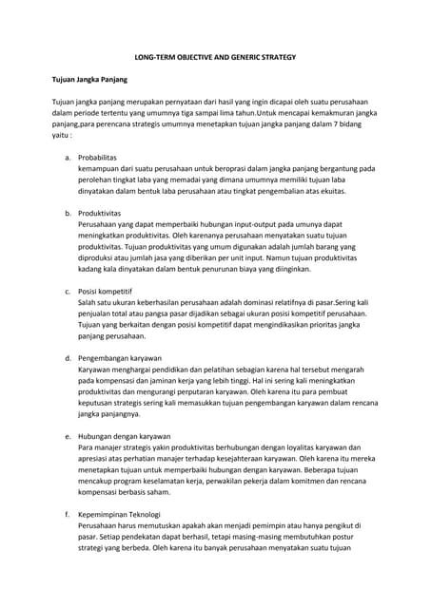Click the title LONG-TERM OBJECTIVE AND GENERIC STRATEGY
click(215, 58)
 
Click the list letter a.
click(67, 157)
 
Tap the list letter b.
click(67, 213)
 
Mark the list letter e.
click(67, 435)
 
